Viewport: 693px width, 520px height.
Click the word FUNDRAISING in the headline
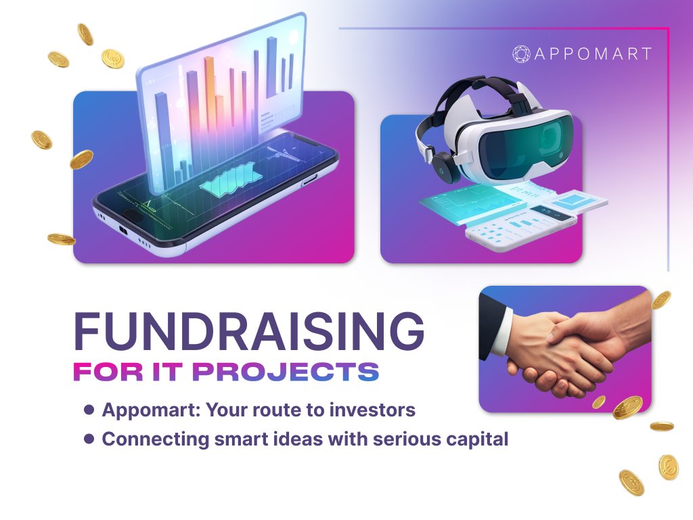248,332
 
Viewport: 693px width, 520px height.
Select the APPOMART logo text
593,54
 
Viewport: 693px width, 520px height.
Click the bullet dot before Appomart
89,410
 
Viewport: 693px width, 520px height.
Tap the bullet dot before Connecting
89,439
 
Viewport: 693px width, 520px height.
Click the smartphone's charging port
124,230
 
